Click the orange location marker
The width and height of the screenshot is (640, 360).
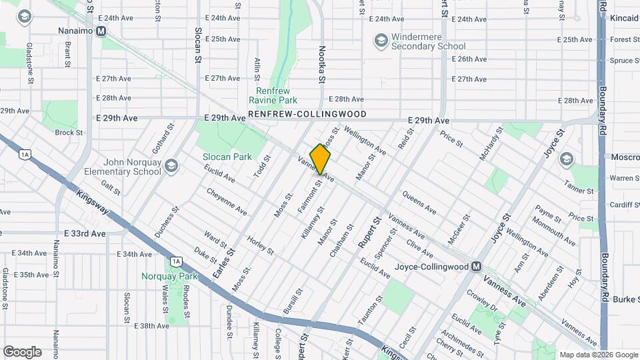pos(321,160)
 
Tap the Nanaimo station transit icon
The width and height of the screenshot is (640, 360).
pos(101,31)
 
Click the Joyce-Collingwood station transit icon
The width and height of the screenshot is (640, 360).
pos(476,267)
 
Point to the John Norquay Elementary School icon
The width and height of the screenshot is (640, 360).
pos(171,165)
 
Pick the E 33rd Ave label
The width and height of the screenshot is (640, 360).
pos(85,234)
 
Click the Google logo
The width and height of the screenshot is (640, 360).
pos(22,351)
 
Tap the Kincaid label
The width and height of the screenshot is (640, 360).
pos(623,19)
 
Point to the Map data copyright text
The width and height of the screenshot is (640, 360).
pos(598,355)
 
